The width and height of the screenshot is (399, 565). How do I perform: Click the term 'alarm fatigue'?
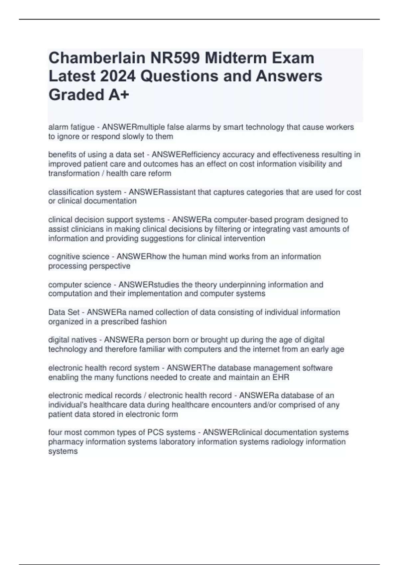[x=71, y=127]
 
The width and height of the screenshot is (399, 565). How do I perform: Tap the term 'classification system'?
[x=85, y=192]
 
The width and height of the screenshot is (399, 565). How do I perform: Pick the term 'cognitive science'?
[x=79, y=257]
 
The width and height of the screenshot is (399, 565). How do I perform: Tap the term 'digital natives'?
[x=72, y=340]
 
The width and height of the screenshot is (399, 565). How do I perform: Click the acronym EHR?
[x=281, y=377]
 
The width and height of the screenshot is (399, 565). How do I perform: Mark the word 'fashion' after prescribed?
[x=155, y=322]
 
